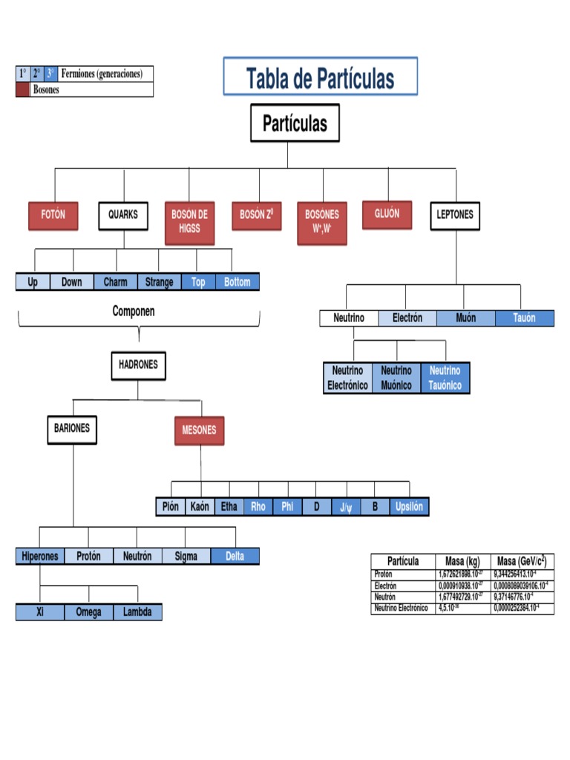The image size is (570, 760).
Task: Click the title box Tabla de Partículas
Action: coord(320,77)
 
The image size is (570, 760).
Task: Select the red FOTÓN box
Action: coord(53,215)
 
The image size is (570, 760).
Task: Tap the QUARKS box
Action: coord(123,215)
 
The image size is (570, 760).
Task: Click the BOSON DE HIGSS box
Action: coord(189,222)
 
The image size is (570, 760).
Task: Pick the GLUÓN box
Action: coord(387,214)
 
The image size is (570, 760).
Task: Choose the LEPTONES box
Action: coord(454,215)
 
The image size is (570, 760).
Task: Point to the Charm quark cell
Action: coord(116,282)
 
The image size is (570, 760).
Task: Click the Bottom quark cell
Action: coord(237,282)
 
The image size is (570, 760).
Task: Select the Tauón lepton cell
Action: coord(525,318)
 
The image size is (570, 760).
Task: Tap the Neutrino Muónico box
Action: coord(396,378)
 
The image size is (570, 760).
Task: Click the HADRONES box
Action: coord(139,365)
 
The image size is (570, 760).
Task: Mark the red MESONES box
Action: coord(199,430)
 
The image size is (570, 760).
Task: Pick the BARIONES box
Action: coord(72,429)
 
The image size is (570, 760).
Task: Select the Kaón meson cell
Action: coord(200,507)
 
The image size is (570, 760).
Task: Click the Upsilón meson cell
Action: coord(409,507)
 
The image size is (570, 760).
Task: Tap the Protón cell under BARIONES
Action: coord(88,557)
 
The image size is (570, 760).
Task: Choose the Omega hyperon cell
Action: coord(88,612)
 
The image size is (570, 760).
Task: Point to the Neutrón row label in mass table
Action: coord(386,597)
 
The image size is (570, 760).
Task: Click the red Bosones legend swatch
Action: coord(23,90)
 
